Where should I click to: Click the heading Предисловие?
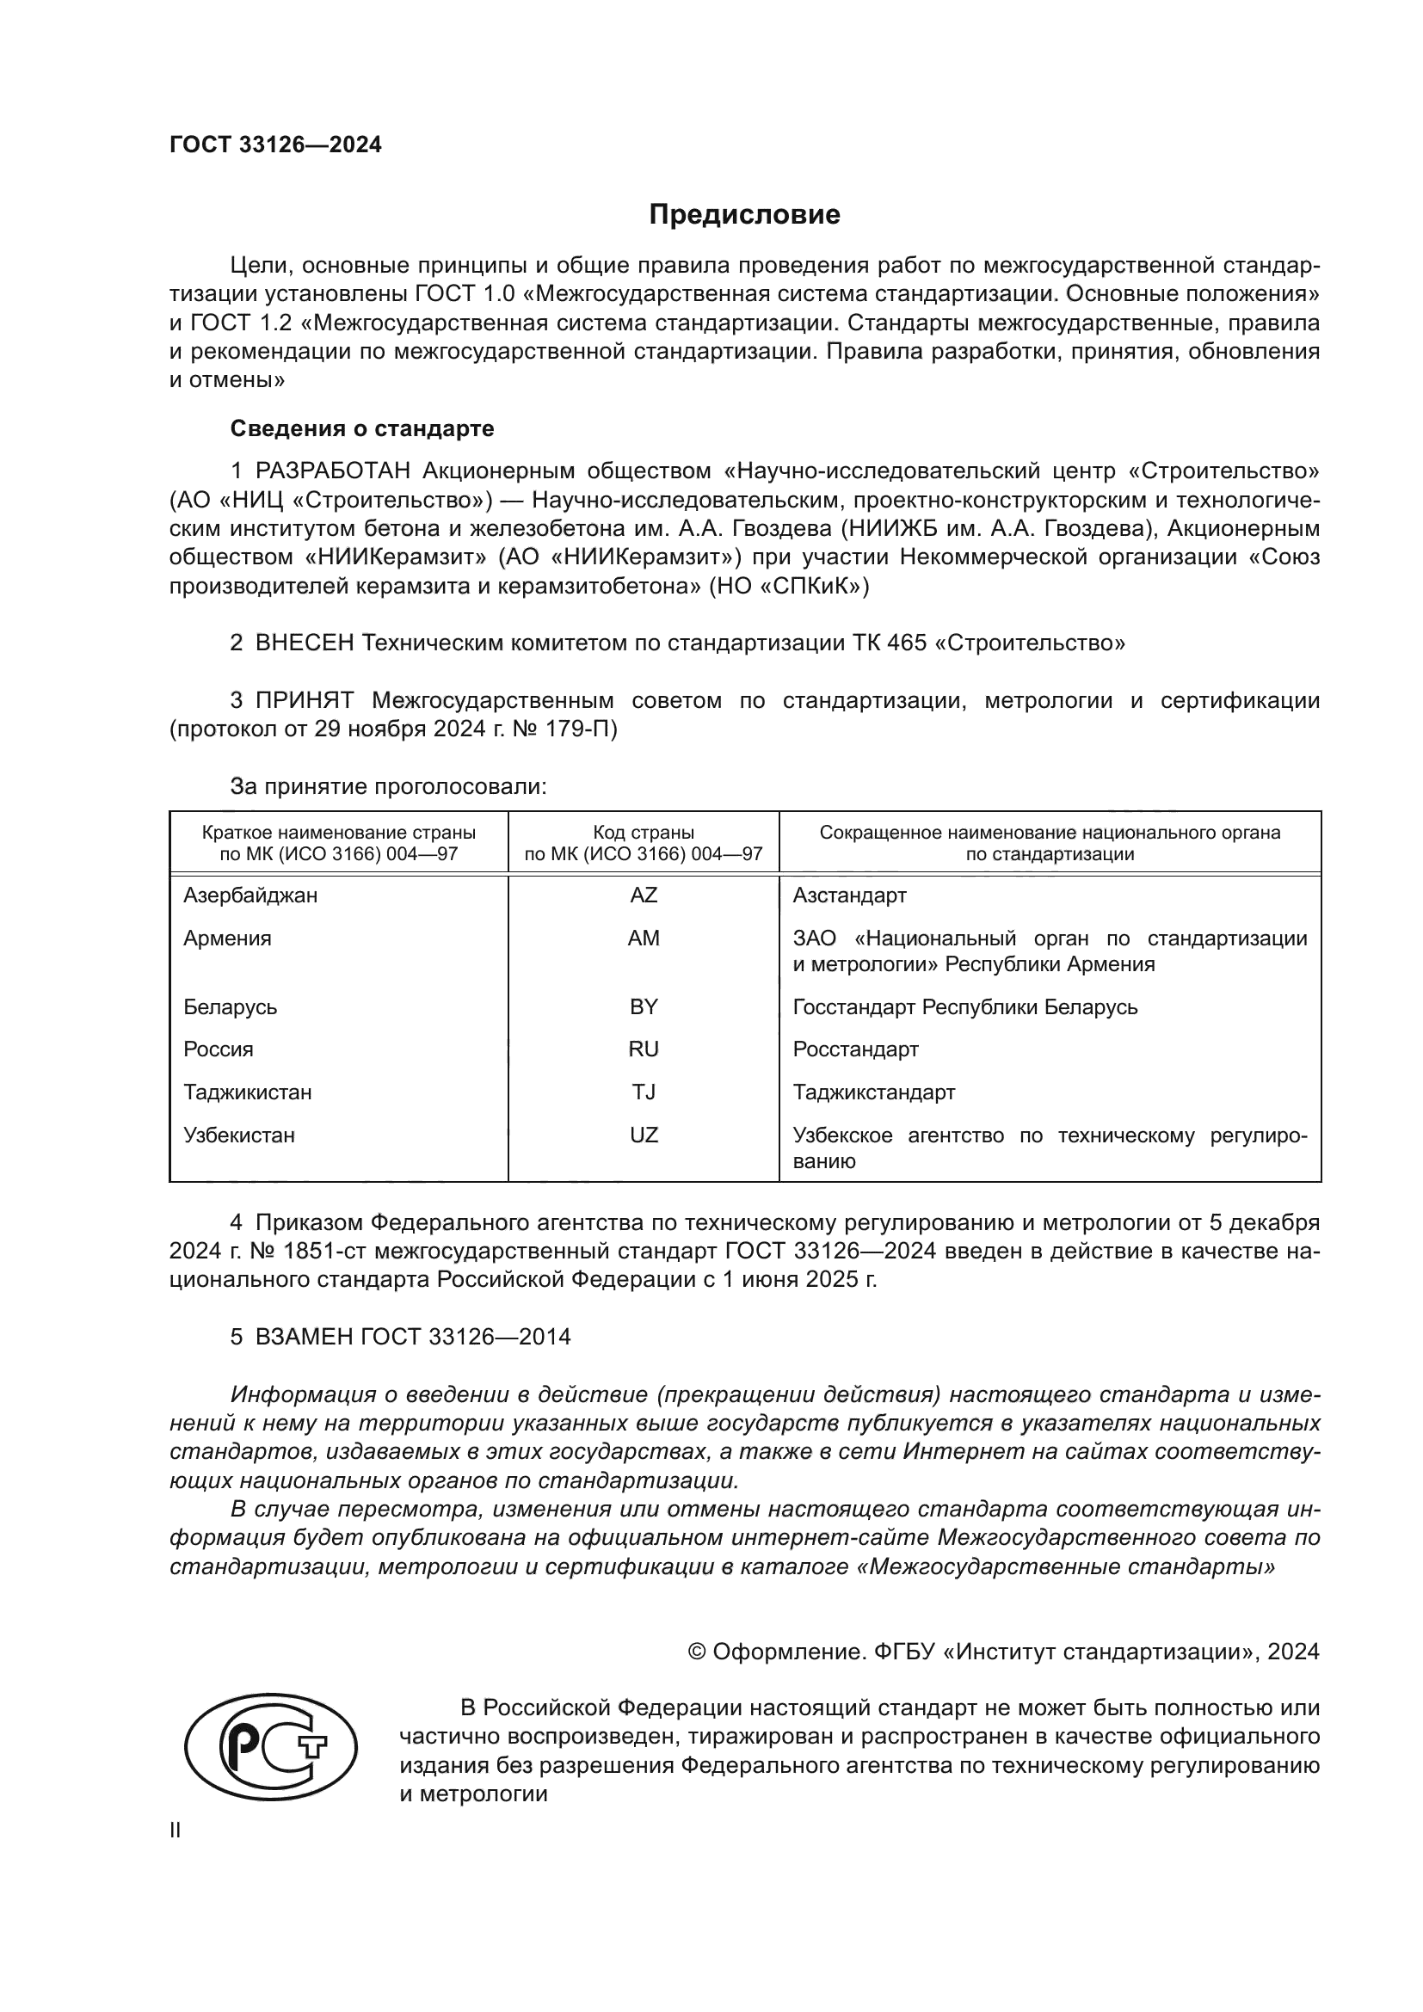(x=744, y=215)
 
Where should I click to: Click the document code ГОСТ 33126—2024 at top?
(x=275, y=145)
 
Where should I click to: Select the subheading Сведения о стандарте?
(x=362, y=428)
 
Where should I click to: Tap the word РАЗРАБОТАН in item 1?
(x=332, y=471)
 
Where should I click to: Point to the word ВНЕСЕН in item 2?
(x=304, y=643)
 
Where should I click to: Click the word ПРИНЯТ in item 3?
(x=304, y=700)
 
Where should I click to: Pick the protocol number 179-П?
(x=585, y=729)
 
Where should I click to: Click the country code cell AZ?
(x=644, y=895)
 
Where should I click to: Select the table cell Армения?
(x=227, y=938)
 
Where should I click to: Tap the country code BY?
(x=644, y=1007)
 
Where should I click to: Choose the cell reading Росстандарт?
(x=855, y=1049)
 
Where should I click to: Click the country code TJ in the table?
(x=644, y=1092)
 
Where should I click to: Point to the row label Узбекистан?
(x=238, y=1135)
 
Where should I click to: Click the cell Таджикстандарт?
(x=873, y=1092)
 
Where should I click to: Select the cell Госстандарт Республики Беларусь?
(x=964, y=1007)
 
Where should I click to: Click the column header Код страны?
(x=644, y=833)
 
